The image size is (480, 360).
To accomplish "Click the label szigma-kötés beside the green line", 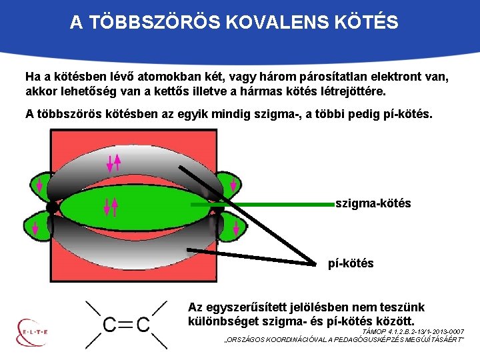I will click(x=373, y=203).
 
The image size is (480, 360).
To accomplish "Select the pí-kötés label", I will click(x=351, y=263).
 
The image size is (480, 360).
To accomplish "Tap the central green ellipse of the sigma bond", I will click(x=133, y=206).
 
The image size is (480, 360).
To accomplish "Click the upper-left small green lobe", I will click(x=39, y=185).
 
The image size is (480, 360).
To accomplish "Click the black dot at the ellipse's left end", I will click(x=52, y=207).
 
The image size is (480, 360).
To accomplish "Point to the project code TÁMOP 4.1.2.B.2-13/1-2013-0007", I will click(x=411, y=331).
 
